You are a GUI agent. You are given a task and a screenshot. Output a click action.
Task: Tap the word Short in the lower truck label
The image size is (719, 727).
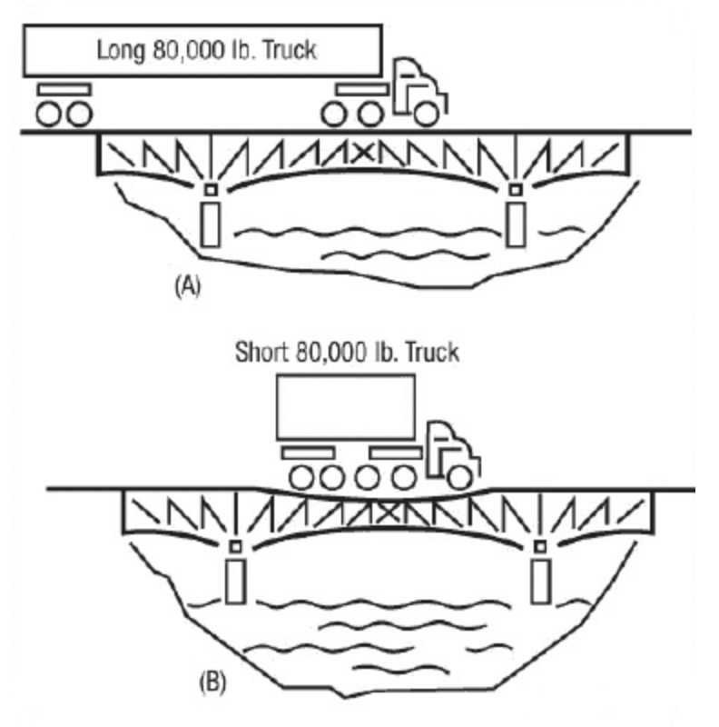click(x=261, y=352)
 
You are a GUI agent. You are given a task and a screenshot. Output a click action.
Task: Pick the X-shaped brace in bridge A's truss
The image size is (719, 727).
click(x=363, y=150)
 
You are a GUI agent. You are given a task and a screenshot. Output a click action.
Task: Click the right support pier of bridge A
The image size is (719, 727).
click(x=517, y=224)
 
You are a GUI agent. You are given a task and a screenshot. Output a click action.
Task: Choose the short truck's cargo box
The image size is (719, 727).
click(x=346, y=407)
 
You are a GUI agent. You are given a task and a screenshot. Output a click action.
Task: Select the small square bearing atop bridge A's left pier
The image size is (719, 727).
click(x=211, y=190)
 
